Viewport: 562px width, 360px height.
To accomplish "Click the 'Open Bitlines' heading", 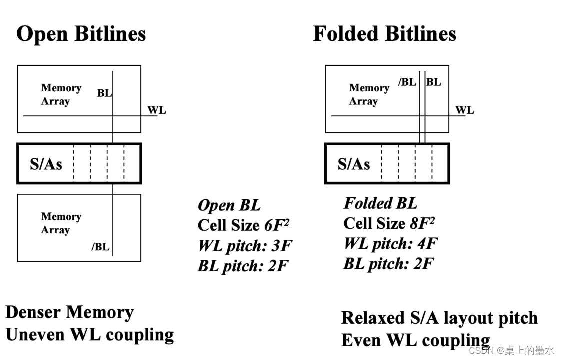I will point(81,34).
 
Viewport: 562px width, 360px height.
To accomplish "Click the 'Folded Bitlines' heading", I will point(384,34).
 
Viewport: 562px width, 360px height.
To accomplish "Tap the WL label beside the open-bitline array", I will point(156,110).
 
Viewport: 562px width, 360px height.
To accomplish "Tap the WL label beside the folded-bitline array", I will point(464,110).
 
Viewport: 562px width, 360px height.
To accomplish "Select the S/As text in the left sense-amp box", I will point(46,164).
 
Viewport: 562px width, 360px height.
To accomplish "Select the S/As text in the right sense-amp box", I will point(354,164).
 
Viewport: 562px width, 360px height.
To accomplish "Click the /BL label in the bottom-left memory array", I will point(100,247).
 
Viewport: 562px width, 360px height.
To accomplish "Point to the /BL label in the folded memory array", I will point(407,82).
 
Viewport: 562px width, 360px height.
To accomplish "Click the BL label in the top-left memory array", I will point(104,93).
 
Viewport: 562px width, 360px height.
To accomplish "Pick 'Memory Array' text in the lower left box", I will point(61,223).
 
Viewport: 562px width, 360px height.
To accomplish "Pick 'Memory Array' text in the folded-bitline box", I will point(369,94).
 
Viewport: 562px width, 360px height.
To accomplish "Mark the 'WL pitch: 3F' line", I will point(245,246).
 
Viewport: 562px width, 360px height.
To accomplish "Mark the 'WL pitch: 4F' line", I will point(390,244).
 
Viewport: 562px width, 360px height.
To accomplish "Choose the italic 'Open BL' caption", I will point(229,205).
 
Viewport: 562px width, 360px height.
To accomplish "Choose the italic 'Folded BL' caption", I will point(380,203).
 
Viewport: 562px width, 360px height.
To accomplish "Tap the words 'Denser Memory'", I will point(69,313).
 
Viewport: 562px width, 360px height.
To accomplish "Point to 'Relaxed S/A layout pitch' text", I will point(439,318).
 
